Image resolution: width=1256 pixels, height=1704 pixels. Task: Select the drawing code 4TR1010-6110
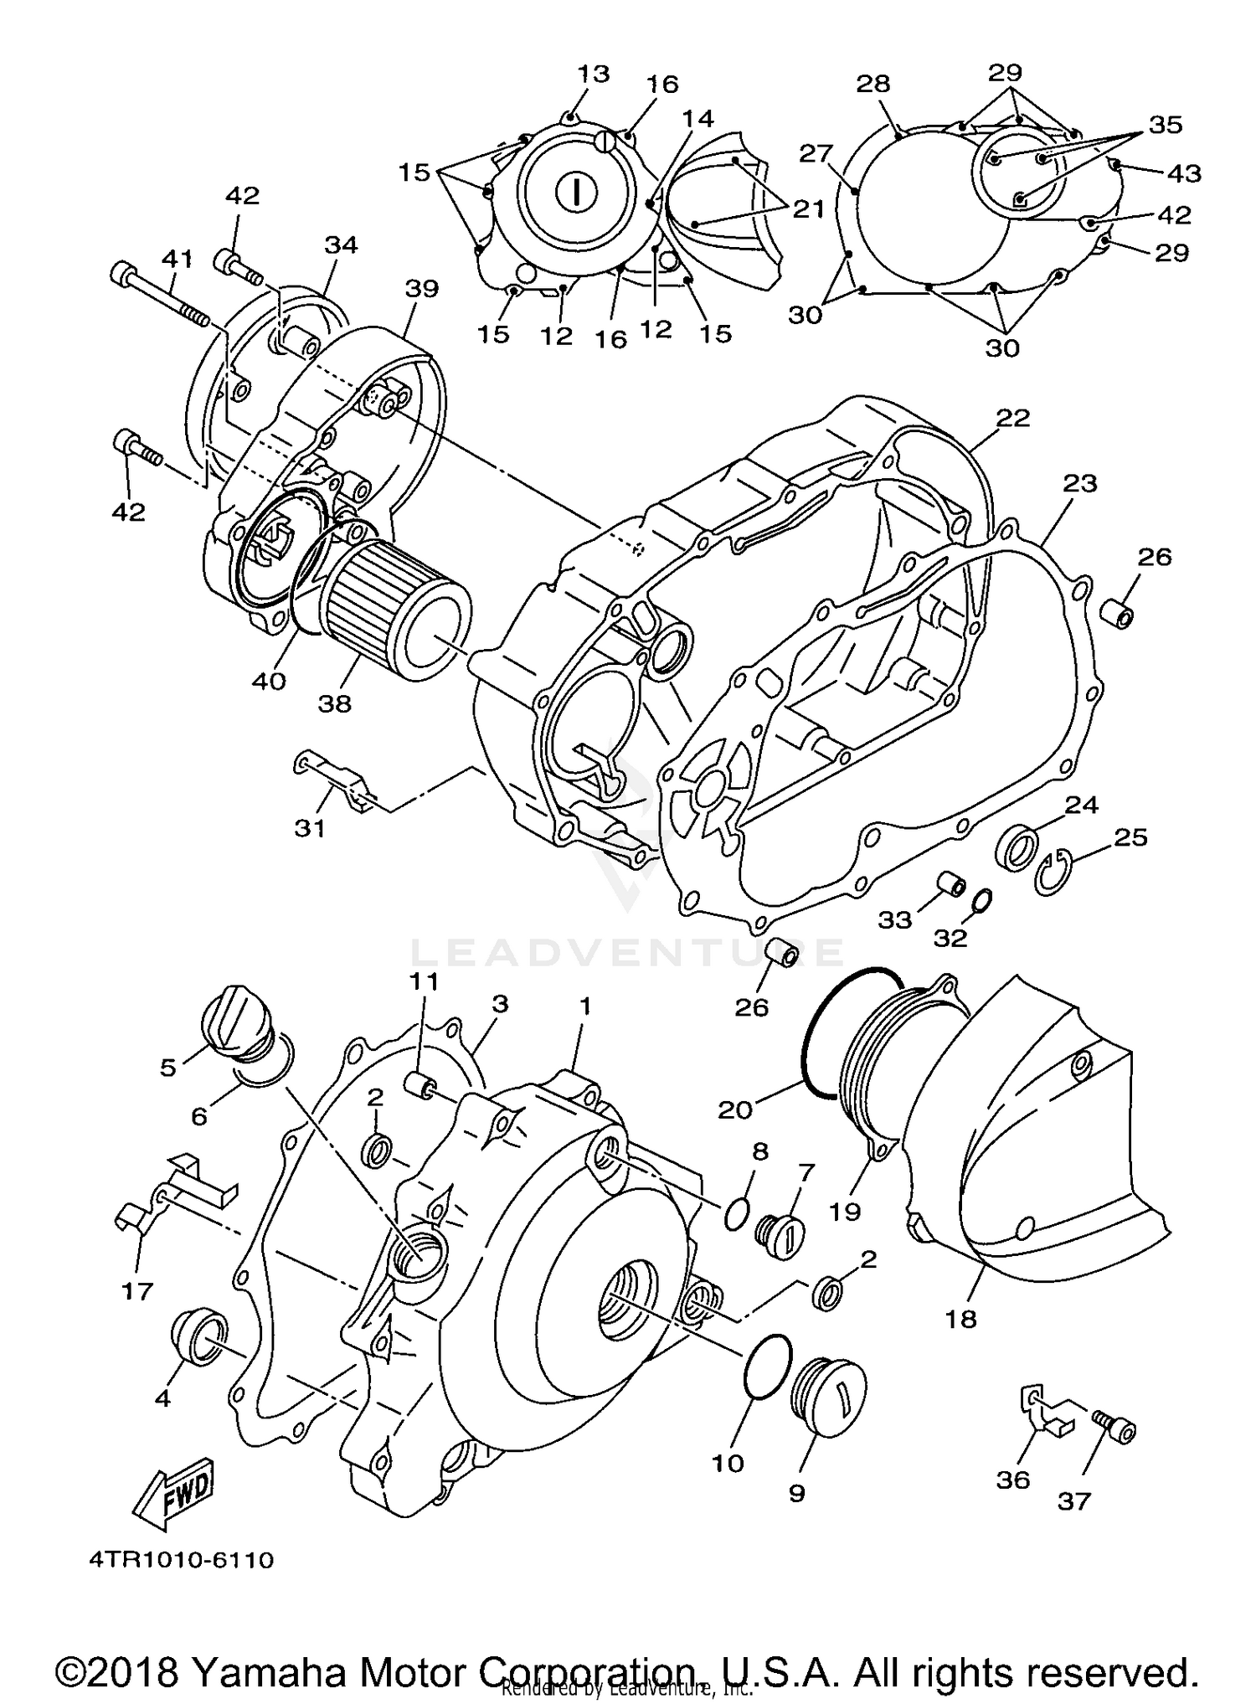(x=181, y=1560)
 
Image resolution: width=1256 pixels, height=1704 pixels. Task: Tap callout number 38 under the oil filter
(x=334, y=703)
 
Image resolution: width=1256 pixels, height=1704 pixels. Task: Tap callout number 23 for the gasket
(x=1079, y=483)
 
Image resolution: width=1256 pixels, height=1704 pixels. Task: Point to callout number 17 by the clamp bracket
(x=137, y=1290)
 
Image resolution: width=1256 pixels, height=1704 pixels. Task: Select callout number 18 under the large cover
(x=960, y=1319)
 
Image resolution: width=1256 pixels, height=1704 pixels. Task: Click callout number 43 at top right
(x=1184, y=173)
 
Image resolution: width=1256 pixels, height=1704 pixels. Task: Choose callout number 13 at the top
(x=593, y=74)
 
